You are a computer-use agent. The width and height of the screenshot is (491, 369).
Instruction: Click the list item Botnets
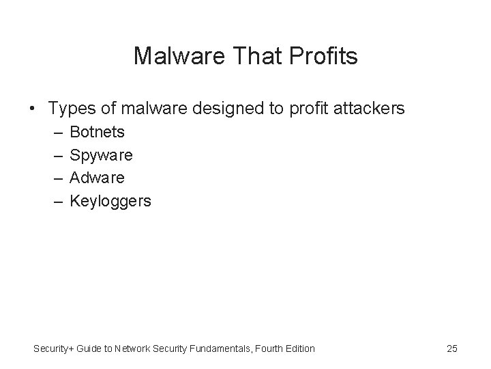click(x=98, y=131)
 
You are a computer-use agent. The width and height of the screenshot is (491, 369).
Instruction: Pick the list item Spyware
click(x=102, y=155)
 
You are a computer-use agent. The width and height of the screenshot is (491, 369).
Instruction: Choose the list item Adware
click(x=98, y=178)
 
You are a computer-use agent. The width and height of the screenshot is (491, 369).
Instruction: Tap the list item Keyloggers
click(x=110, y=202)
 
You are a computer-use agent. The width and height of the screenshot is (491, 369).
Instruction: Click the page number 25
click(x=451, y=348)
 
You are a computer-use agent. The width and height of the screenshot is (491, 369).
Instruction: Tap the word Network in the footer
click(x=132, y=348)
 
